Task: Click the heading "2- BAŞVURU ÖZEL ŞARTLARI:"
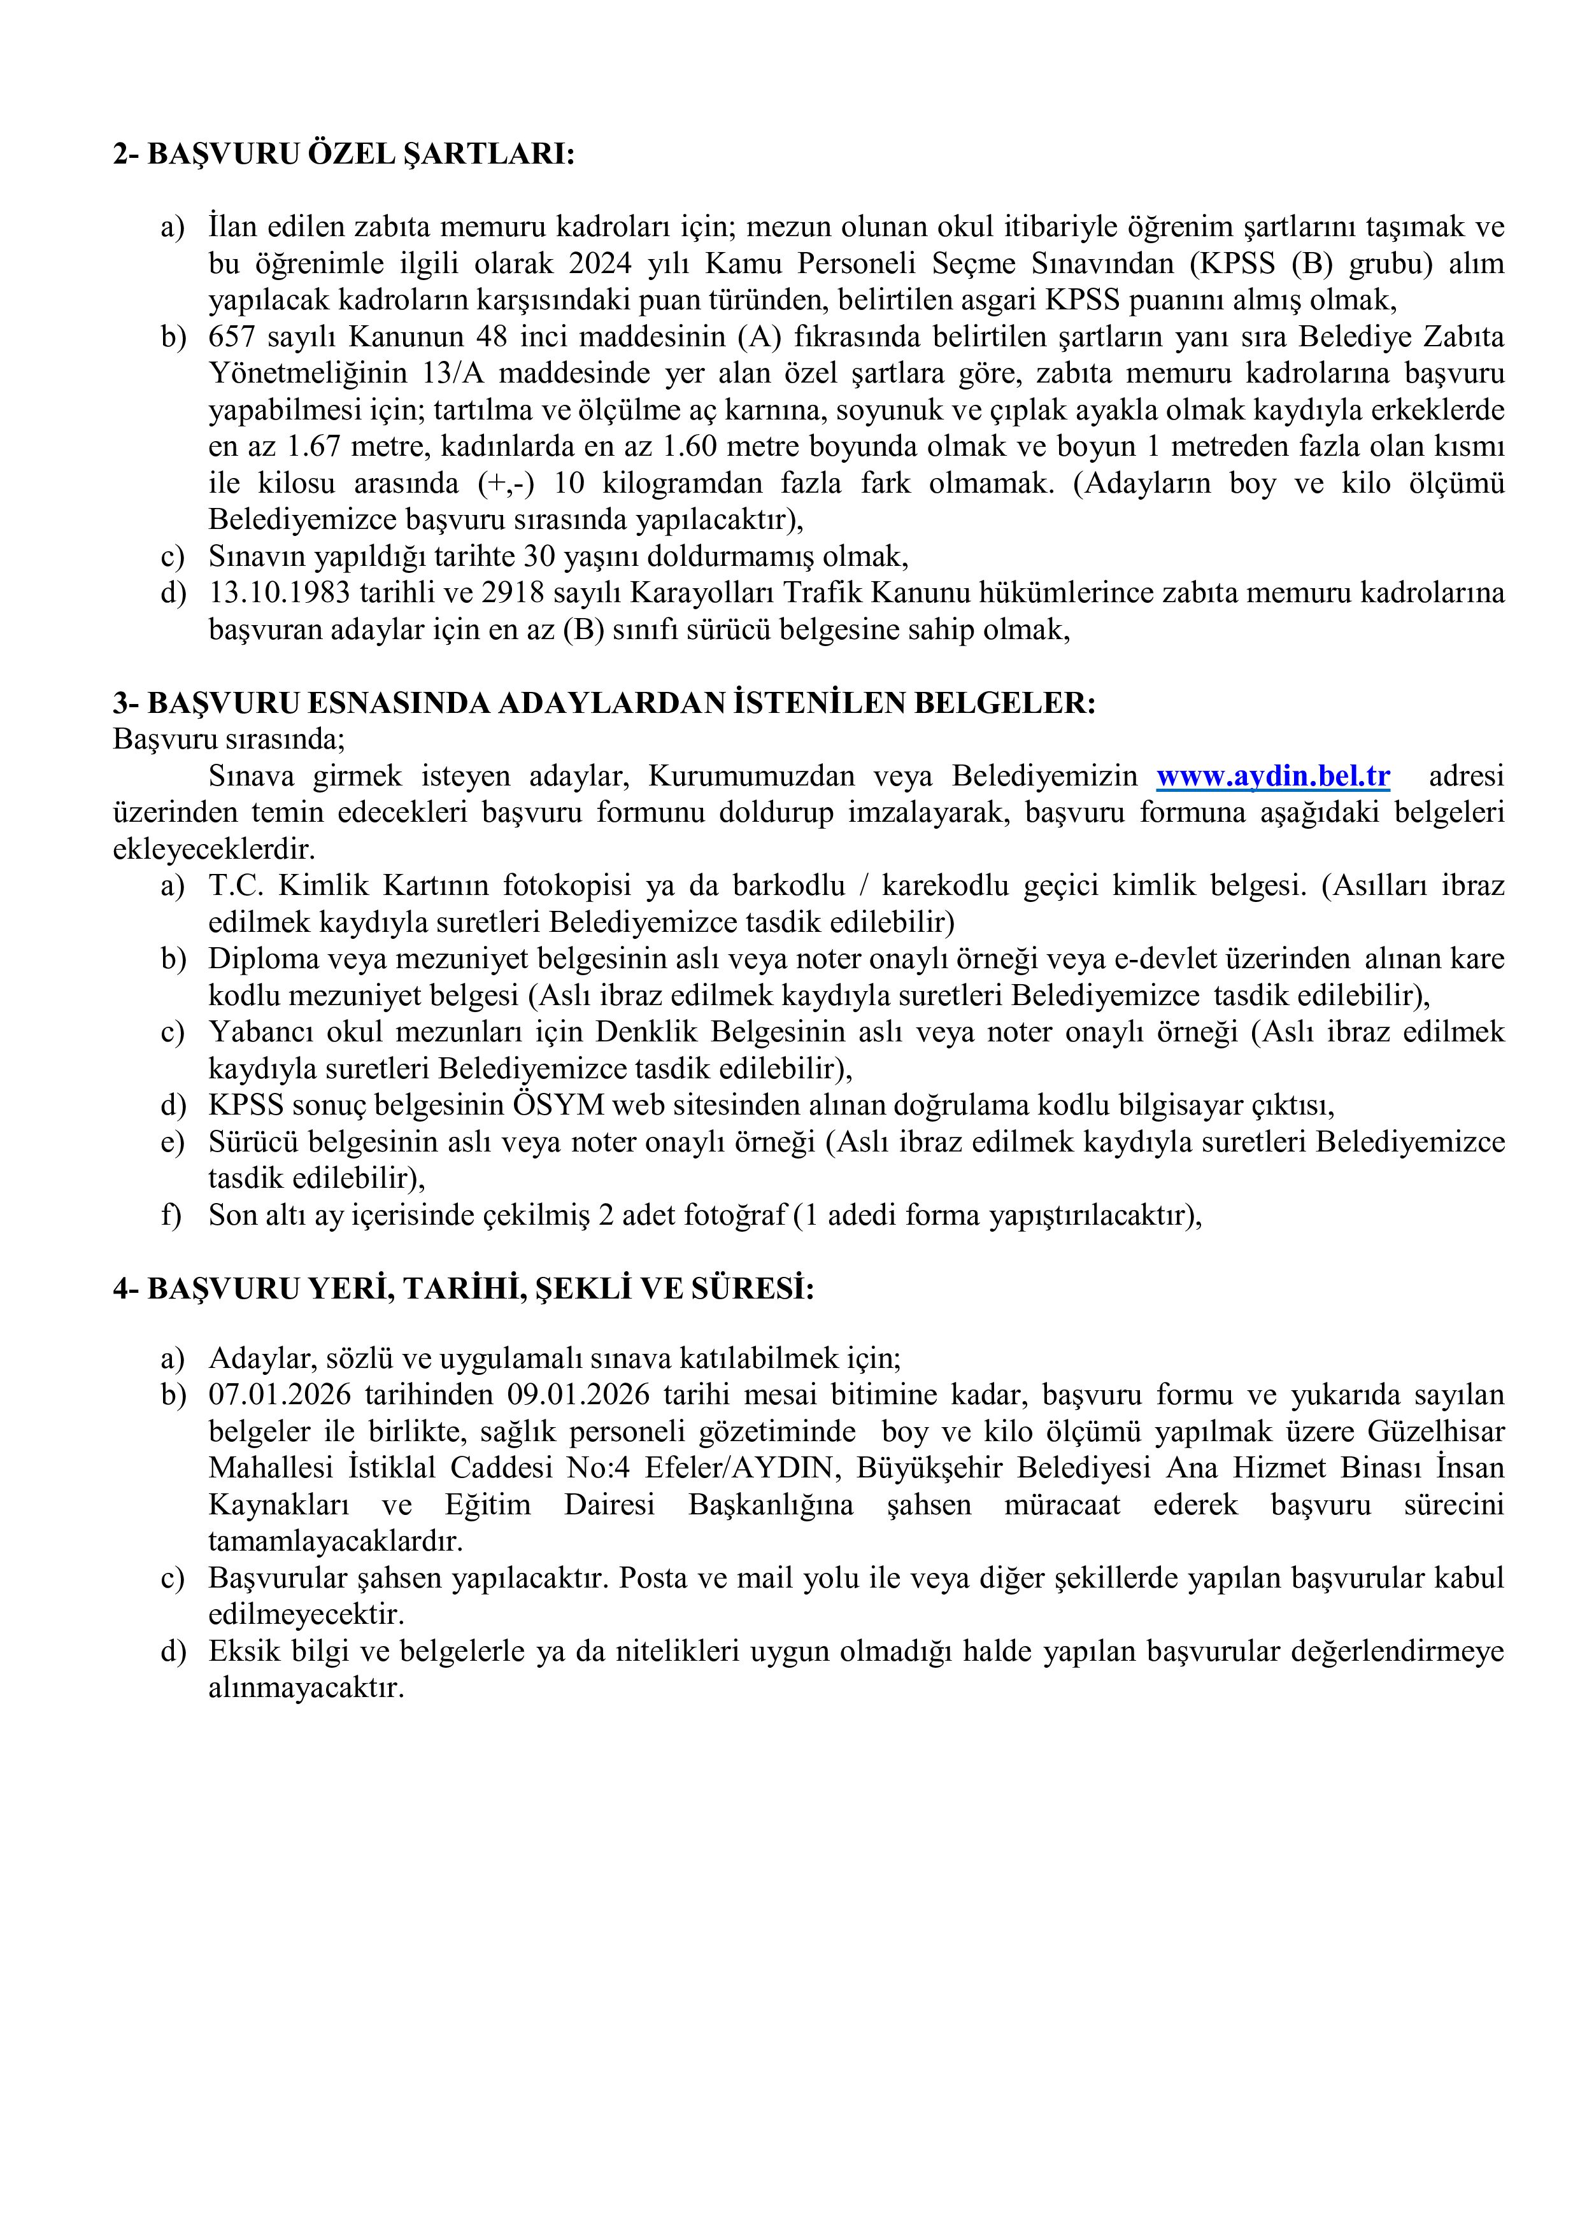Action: (x=343, y=153)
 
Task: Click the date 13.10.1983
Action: (x=279, y=592)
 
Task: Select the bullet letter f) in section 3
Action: (x=171, y=1216)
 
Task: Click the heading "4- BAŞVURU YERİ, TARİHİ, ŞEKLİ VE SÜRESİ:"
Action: (x=463, y=1288)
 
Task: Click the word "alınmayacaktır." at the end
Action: (x=306, y=1687)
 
